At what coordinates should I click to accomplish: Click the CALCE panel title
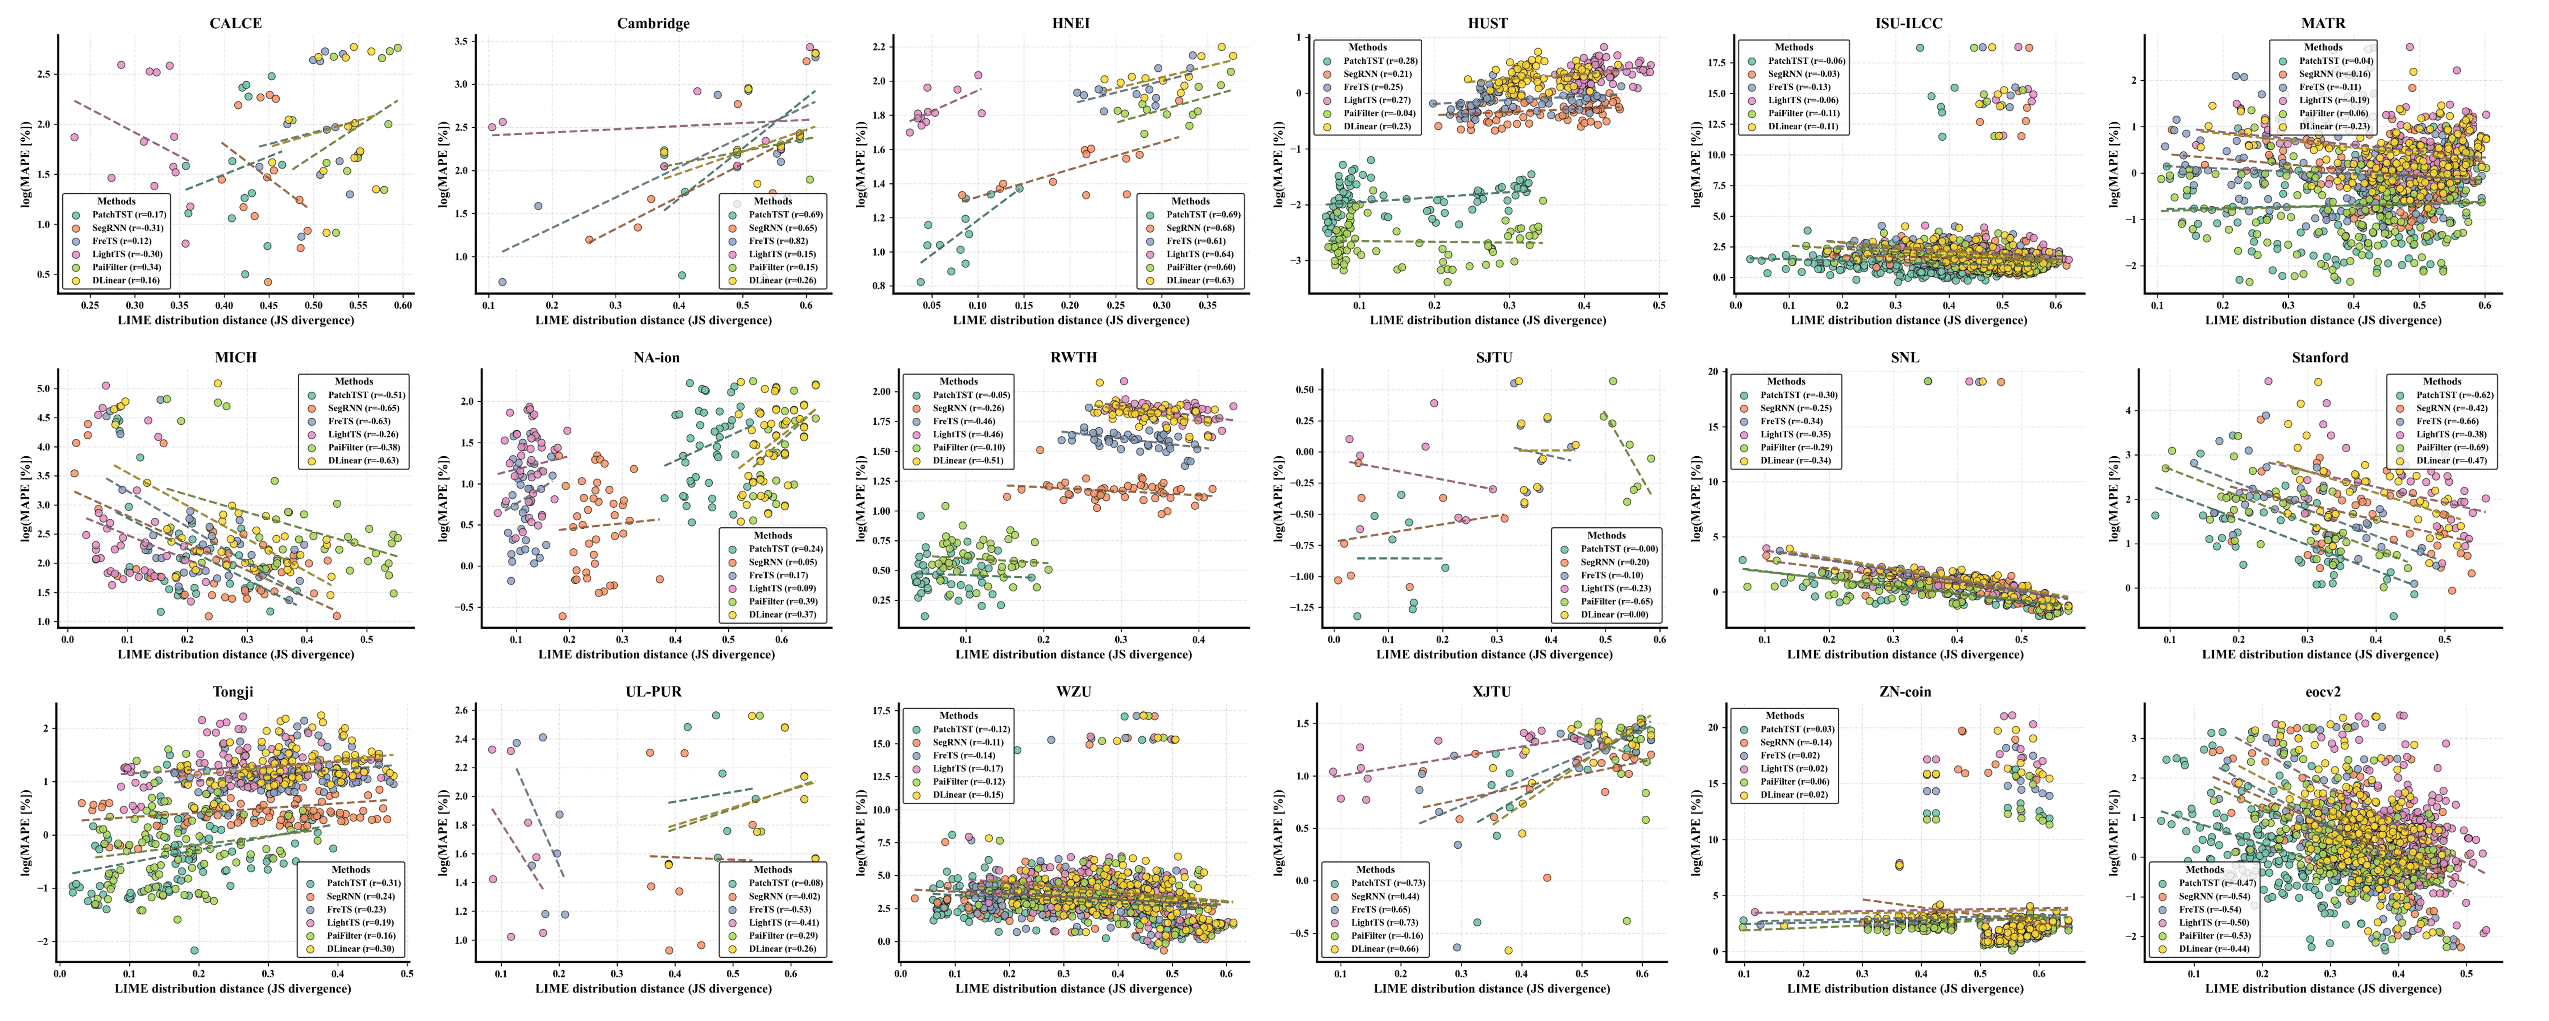coord(235,23)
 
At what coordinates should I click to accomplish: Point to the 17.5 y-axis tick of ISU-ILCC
coord(1719,62)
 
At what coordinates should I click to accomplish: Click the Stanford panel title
coord(2319,357)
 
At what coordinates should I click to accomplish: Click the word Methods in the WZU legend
coord(958,715)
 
